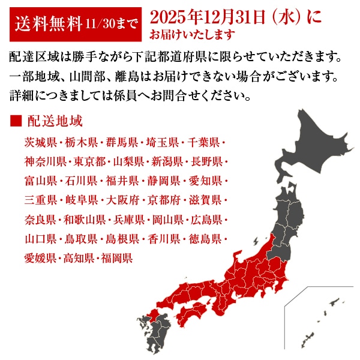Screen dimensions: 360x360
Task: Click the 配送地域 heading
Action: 55,121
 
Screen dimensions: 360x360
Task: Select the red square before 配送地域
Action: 16,121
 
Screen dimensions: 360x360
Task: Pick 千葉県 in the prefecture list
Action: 203,143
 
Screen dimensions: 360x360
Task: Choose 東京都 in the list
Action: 90,162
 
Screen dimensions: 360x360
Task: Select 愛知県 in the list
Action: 203,181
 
